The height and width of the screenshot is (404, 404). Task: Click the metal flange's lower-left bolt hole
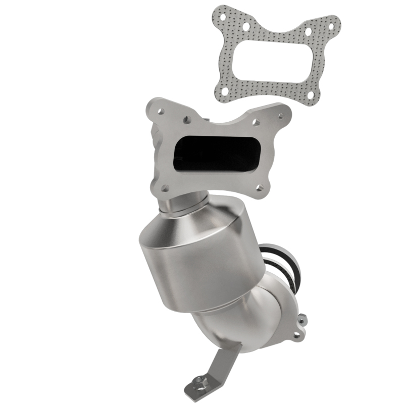165,187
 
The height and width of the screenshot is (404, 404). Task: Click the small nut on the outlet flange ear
302,319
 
